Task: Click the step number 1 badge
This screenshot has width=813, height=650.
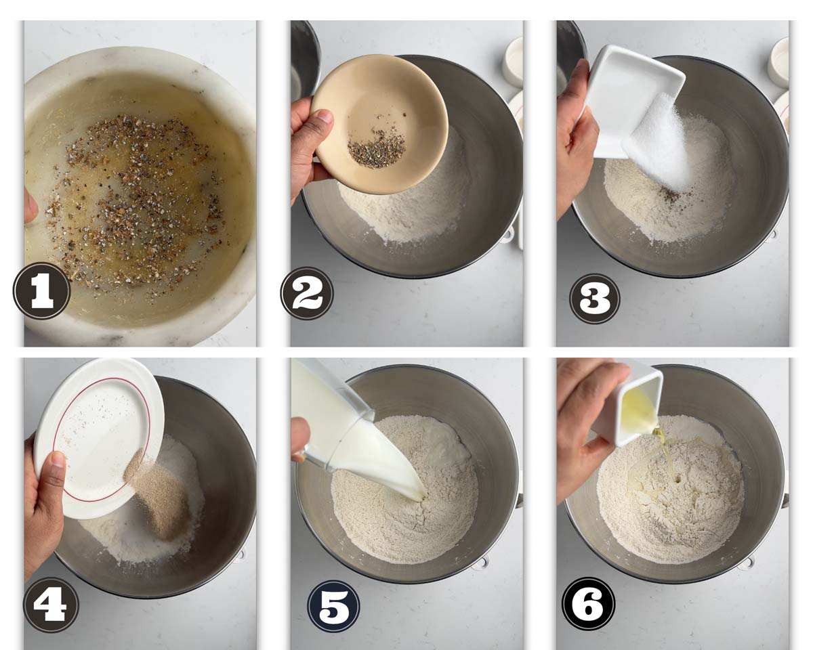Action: coord(41,291)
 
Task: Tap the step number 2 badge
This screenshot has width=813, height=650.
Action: coord(307,293)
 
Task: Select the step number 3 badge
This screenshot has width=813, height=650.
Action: coord(594,299)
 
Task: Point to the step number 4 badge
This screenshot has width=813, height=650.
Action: coord(51,605)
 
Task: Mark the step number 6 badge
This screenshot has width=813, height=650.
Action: coord(588,604)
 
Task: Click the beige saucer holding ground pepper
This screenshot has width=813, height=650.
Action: coord(379,125)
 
